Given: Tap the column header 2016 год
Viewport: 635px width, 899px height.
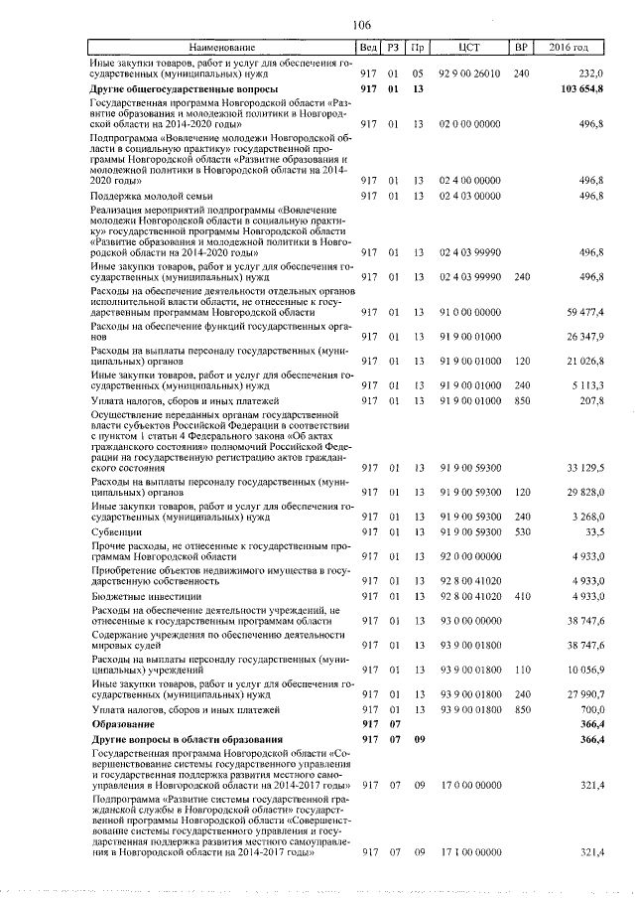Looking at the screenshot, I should point(570,47).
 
